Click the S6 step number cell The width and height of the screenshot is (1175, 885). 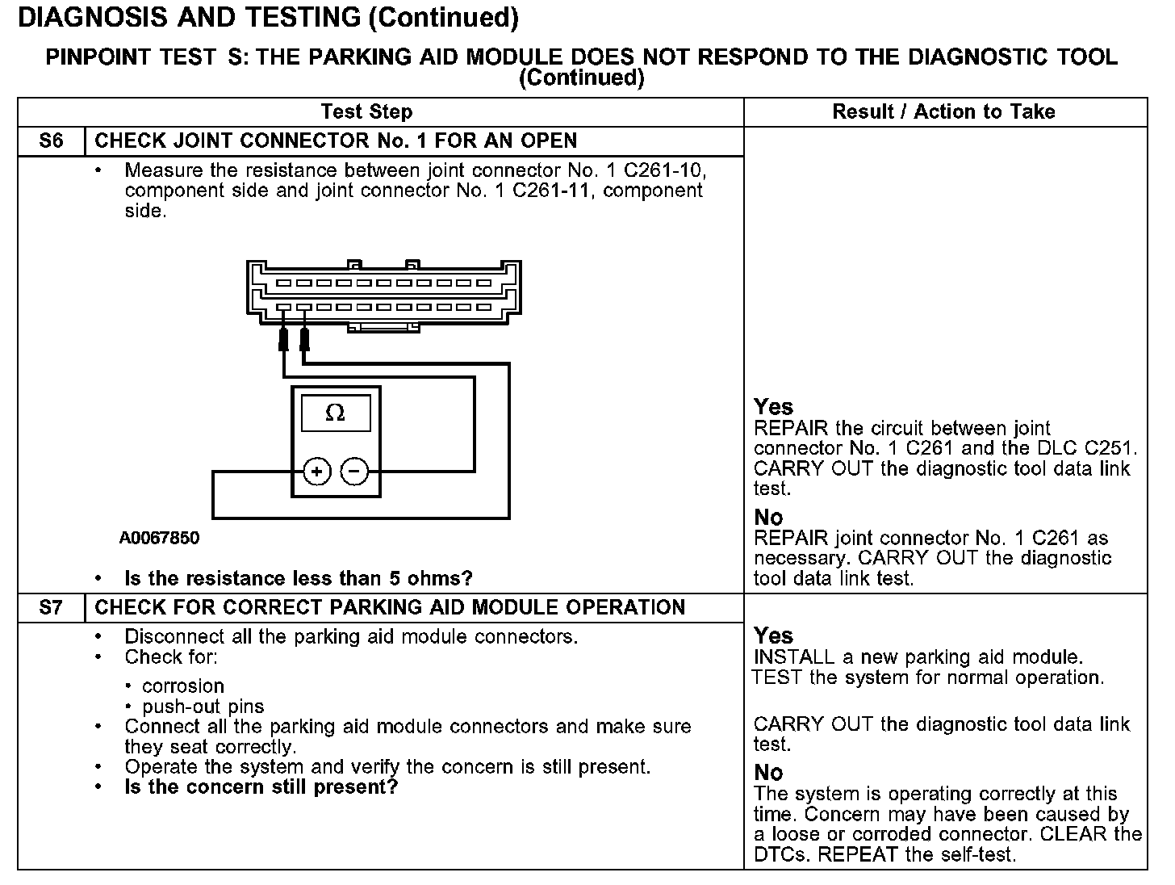point(51,141)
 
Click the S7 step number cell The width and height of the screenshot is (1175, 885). point(51,608)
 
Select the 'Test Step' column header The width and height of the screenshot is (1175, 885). point(366,112)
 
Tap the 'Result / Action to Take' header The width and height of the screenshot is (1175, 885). point(943,112)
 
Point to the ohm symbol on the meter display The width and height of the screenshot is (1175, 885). point(335,413)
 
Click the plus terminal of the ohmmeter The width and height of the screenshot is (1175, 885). point(317,472)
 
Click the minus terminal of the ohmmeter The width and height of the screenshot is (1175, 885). point(354,472)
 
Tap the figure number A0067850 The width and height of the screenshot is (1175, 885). point(159,538)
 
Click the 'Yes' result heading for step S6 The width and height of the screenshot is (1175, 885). point(773,407)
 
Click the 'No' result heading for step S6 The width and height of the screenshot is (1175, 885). point(768,517)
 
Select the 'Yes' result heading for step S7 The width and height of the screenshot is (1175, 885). point(773,635)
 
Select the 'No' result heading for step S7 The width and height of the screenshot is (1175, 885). point(768,773)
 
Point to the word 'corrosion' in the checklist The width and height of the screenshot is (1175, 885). point(183,686)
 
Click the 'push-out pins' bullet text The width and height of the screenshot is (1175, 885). point(203,707)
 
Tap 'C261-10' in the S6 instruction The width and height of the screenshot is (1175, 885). point(667,170)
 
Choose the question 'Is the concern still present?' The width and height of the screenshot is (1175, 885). point(261,787)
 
